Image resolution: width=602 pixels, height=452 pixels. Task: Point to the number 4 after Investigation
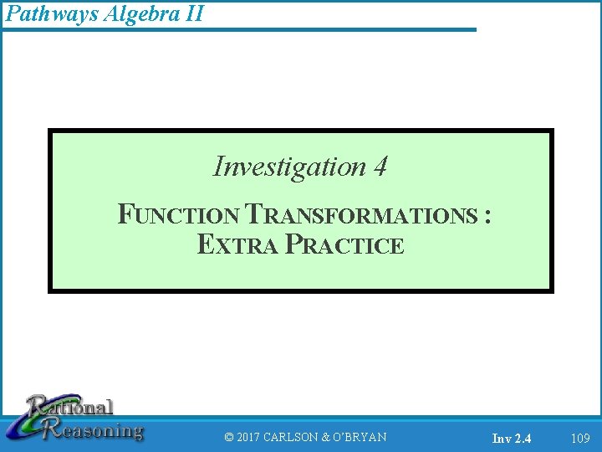pyautogui.click(x=380, y=167)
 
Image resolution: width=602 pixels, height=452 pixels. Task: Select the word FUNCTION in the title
pyautogui.click(x=180, y=215)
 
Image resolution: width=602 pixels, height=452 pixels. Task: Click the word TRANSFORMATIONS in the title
pyautogui.click(x=361, y=215)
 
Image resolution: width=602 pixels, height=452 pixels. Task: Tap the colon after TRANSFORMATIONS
pyautogui.click(x=487, y=217)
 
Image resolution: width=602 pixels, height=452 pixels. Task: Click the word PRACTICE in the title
pyautogui.click(x=344, y=244)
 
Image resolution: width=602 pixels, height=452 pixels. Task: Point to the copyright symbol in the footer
pyautogui.click(x=229, y=437)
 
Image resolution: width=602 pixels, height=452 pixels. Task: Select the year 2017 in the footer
pyautogui.click(x=249, y=437)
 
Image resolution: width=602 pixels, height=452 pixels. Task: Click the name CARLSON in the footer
pyautogui.click(x=291, y=437)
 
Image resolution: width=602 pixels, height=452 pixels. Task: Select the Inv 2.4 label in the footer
pyautogui.click(x=511, y=438)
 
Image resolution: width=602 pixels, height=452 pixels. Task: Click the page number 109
pyautogui.click(x=579, y=437)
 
